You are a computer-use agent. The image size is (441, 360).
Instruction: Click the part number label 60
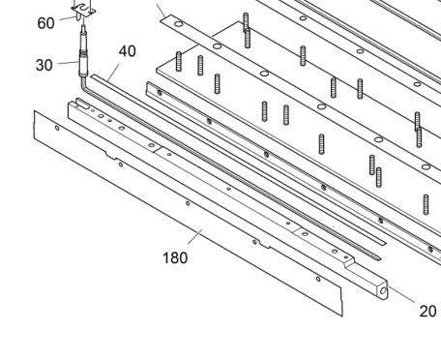pos(45,23)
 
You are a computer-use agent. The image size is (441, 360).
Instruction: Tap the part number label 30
pos(44,65)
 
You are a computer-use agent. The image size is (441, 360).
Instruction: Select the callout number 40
pos(128,51)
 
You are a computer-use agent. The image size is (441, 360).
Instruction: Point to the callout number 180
pos(175,258)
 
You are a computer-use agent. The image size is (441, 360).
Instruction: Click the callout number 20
pos(428,312)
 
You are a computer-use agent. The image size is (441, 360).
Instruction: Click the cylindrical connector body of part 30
pos(83,63)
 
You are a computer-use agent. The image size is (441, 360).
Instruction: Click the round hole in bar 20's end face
pos(383,291)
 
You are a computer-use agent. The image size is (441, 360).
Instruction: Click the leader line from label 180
pos(195,237)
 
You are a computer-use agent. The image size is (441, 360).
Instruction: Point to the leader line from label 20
pos(401,294)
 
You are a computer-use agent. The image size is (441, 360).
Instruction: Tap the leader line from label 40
pos(113,73)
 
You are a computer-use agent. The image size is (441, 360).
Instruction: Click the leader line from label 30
pos(69,63)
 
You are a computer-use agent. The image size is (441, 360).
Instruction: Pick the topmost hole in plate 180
pos(57,128)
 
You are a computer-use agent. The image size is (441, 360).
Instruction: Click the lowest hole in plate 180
pos(318,279)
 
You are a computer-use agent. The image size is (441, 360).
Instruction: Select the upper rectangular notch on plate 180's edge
pos(111,156)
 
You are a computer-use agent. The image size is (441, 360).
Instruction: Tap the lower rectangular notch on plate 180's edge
pos(265,246)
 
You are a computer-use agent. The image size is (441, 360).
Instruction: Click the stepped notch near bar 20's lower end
pos(349,263)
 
